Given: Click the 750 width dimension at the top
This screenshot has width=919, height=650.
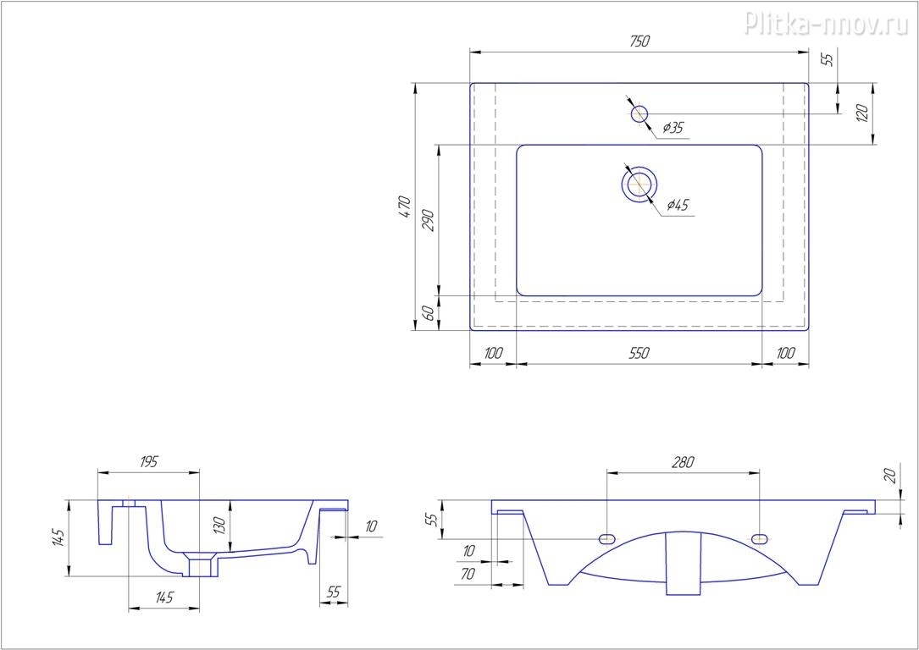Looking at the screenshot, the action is click(640, 41).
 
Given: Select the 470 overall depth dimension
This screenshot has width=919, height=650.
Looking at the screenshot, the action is click(405, 207).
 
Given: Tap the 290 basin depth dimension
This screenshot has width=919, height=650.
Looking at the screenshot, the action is click(429, 220).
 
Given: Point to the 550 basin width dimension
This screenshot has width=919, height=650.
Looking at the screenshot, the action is click(639, 353).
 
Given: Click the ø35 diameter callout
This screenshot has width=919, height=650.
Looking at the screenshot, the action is click(673, 128).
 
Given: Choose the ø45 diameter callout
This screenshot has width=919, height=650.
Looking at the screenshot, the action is click(678, 205).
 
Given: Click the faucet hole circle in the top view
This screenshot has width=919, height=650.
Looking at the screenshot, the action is click(639, 114).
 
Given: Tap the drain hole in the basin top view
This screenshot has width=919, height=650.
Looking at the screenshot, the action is click(639, 184).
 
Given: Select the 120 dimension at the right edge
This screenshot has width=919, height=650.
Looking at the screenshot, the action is click(862, 113).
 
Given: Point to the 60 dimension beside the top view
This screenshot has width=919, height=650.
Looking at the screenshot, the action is click(429, 313).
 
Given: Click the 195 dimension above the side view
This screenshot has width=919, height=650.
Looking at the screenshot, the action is click(149, 461).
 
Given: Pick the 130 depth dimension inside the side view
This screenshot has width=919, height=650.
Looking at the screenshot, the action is click(219, 526).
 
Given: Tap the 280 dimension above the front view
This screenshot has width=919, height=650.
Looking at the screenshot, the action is click(684, 461).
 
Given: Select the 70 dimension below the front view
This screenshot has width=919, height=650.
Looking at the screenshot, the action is click(467, 575).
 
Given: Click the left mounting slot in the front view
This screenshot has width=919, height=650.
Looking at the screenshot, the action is click(606, 538).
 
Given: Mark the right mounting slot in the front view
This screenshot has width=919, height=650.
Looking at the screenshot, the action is click(760, 538).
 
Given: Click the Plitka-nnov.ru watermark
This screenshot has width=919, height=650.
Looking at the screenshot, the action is click(827, 24).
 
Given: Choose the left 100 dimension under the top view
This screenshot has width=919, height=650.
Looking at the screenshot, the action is click(494, 353).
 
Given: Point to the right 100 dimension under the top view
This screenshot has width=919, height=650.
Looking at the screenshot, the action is click(785, 353).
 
